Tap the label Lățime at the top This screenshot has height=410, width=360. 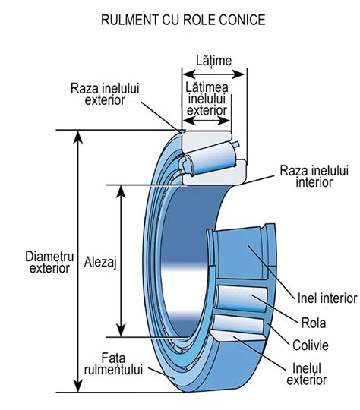pos(213,59)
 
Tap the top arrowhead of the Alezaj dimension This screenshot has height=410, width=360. pos(120,189)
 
